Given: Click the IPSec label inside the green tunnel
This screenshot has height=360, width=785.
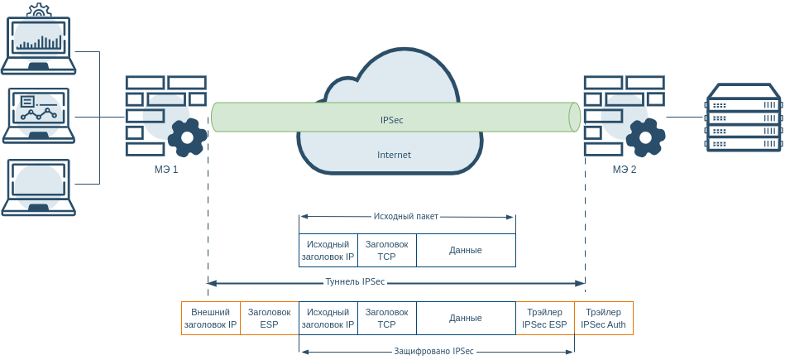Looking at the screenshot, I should [x=391, y=120].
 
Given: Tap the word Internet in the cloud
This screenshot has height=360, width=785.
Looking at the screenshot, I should [x=394, y=155].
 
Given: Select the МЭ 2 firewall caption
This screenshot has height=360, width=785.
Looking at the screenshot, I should [x=625, y=170].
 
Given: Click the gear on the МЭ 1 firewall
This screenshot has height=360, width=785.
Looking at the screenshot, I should [x=188, y=137].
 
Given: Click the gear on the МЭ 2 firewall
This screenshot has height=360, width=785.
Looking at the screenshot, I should [x=645, y=137].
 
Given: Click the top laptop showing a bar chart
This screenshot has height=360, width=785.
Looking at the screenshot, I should [x=39, y=38].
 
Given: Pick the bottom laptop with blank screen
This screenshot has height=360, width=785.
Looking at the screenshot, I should [x=39, y=187].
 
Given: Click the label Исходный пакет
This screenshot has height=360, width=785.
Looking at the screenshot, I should [x=405, y=217].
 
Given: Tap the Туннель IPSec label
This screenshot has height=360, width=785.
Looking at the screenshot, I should [x=355, y=282].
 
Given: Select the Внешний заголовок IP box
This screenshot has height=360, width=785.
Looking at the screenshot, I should [x=210, y=319].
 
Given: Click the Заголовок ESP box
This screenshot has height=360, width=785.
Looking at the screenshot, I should [x=269, y=319].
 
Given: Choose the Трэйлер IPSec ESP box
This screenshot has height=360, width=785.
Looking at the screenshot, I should [x=544, y=319].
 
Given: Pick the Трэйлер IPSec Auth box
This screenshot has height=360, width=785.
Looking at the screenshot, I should [x=603, y=319].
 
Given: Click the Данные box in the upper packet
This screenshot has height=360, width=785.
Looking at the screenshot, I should [x=465, y=250].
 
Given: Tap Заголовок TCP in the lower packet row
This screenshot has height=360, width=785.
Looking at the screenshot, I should [x=386, y=319].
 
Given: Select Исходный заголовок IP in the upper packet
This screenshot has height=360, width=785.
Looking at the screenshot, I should [x=328, y=250].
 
